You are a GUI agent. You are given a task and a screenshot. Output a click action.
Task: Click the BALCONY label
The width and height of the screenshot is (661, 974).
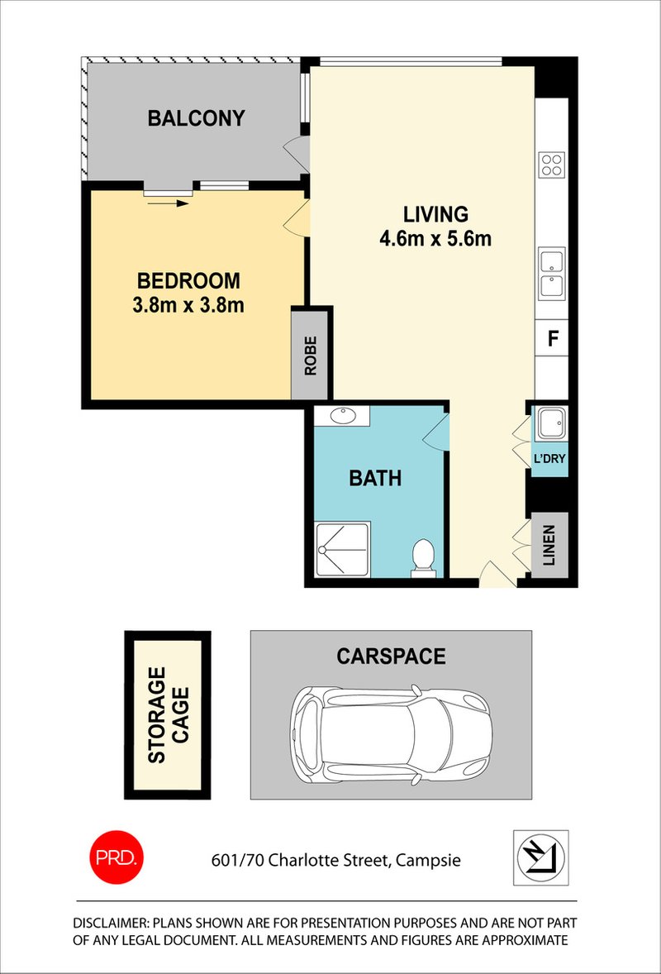(196, 118)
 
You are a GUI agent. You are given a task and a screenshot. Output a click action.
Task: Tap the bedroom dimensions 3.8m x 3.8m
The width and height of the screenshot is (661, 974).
(188, 305)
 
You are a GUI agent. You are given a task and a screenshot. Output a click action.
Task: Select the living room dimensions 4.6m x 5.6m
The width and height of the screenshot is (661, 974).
(435, 240)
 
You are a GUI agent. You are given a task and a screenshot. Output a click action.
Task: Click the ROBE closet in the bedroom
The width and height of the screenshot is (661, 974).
(311, 354)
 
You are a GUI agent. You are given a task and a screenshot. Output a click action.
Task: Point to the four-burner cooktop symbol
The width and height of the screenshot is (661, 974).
(552, 165)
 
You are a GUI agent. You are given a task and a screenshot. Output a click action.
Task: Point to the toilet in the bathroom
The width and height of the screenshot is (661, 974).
(423, 555)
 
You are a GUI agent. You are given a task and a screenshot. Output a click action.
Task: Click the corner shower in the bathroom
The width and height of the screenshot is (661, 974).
(341, 549)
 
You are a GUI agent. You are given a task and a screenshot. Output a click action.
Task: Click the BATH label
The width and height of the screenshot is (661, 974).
(374, 478)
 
